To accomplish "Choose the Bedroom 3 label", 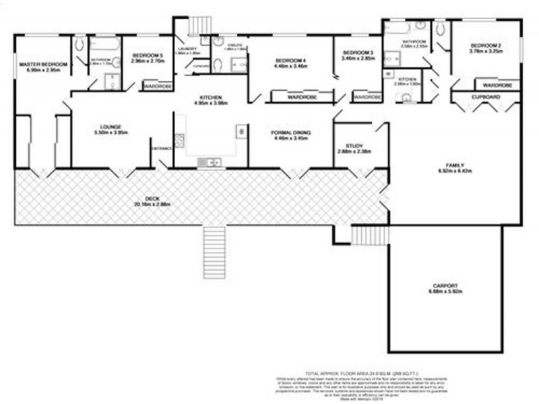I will pyautogui.click(x=357, y=54).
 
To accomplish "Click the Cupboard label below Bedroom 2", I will pyautogui.click(x=485, y=97).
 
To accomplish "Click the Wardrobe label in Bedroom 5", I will pyautogui.click(x=157, y=86).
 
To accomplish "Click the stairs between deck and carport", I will pyautogui.click(x=361, y=234).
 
